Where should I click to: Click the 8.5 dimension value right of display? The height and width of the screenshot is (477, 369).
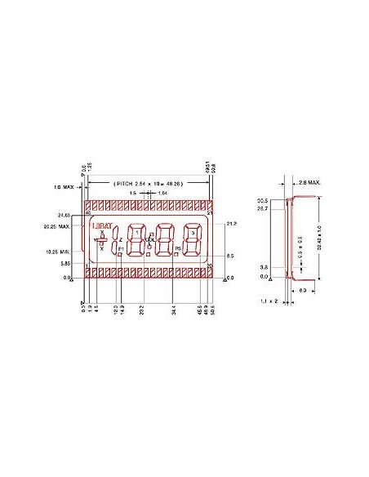231,256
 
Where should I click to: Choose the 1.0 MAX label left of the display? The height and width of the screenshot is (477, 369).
64,187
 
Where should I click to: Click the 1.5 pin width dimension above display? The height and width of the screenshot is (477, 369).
132,193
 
